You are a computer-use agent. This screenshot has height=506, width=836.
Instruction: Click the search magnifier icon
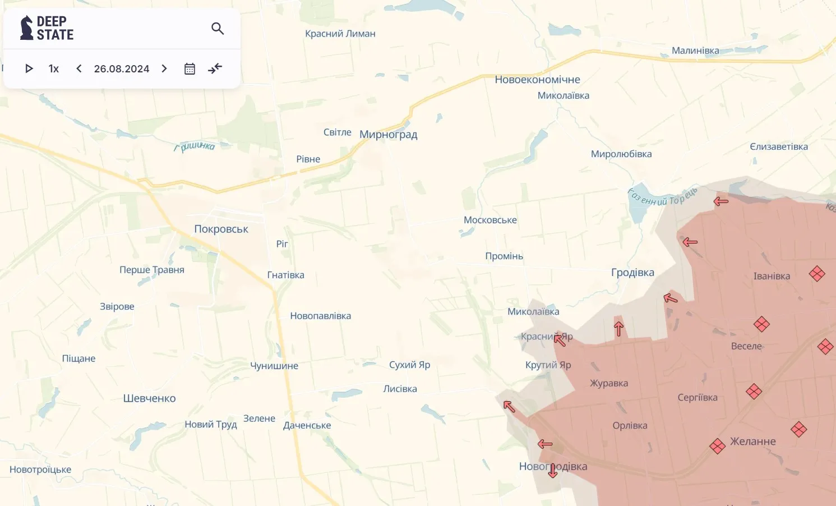(x=218, y=29)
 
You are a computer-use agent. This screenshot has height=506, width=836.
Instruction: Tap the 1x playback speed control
(x=54, y=68)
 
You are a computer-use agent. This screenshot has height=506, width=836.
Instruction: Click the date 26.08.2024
(x=122, y=68)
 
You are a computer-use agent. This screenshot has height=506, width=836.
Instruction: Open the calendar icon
(x=190, y=68)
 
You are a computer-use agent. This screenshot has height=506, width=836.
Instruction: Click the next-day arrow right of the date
(x=164, y=68)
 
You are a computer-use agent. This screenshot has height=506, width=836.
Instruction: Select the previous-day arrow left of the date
(x=79, y=68)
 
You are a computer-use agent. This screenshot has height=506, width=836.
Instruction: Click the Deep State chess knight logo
(x=26, y=28)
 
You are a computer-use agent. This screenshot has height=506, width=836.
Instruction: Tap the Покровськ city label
(x=221, y=229)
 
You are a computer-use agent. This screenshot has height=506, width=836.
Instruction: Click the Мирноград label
(x=388, y=135)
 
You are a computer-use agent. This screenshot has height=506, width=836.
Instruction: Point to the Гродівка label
(x=632, y=273)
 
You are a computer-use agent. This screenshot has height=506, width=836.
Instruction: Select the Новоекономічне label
(x=537, y=80)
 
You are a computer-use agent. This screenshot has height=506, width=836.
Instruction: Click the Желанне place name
(x=752, y=441)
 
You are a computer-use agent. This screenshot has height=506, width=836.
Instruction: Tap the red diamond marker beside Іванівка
(x=817, y=274)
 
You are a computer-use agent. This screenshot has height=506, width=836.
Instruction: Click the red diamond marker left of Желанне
(x=717, y=446)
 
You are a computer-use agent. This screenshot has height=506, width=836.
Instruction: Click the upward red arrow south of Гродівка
(x=618, y=329)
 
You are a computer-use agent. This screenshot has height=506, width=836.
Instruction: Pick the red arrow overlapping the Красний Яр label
(x=560, y=339)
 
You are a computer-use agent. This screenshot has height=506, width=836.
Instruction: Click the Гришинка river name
(x=195, y=146)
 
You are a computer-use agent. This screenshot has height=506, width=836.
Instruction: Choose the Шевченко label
(x=149, y=398)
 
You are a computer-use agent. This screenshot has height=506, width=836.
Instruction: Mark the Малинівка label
(x=695, y=50)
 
